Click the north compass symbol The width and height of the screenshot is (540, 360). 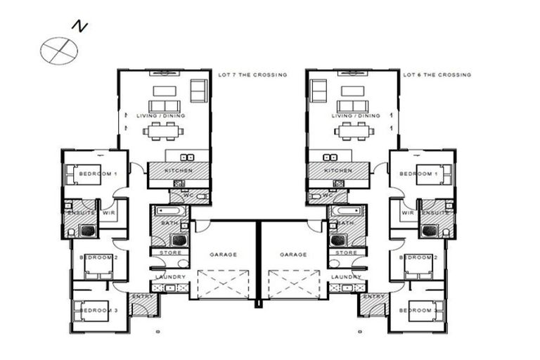point(58,50)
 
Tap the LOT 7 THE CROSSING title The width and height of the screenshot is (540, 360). point(252,75)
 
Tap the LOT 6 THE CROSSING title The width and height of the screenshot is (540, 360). point(437,75)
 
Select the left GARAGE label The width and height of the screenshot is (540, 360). point(224,255)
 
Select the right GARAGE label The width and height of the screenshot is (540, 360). point(293,255)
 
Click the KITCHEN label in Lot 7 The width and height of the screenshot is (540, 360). point(178,171)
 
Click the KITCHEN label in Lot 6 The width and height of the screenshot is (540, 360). point(338,171)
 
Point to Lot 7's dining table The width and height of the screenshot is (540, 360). point(163,131)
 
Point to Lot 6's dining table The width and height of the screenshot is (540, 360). point(354,131)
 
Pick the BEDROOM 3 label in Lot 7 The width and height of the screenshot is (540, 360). point(94,310)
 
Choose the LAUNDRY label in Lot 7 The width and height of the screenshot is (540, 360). point(170,277)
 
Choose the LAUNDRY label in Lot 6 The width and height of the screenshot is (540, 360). point(346,277)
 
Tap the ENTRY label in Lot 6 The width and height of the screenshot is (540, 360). point(374,297)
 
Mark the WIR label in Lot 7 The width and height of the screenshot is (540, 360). point(109,212)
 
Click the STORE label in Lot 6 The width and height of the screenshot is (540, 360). point(346,252)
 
